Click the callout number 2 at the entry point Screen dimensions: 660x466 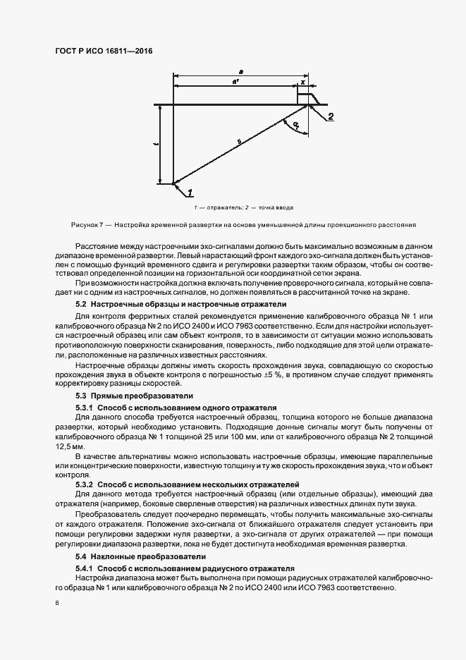pyautogui.click(x=331, y=116)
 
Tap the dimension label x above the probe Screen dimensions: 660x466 pyautogui.click(x=303, y=82)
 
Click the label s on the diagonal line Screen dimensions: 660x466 pyautogui.click(x=239, y=142)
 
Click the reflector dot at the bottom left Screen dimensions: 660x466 pyautogui.click(x=173, y=185)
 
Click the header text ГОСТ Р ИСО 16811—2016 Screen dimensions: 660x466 pyautogui.click(x=103, y=51)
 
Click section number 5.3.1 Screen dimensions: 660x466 pyautogui.click(x=84, y=408)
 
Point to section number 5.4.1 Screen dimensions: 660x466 pyautogui.click(x=84, y=568)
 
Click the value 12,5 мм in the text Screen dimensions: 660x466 pyautogui.click(x=70, y=447)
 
